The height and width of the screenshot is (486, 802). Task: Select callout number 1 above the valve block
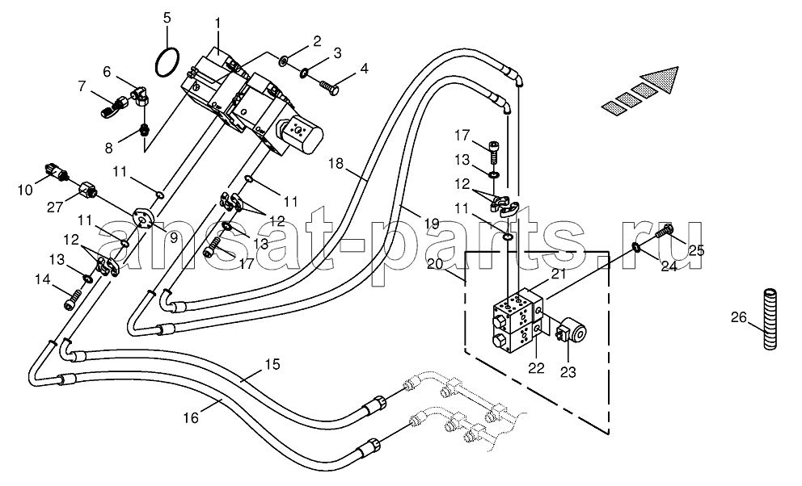(x=217, y=23)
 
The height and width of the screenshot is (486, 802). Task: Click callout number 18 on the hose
(x=336, y=164)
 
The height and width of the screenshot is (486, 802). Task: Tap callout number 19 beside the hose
(x=432, y=223)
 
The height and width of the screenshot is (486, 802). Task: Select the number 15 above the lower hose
(x=272, y=365)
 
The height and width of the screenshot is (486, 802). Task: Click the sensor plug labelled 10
(x=57, y=173)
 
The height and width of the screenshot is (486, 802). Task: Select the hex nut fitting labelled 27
(x=88, y=192)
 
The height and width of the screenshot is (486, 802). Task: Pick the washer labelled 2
(x=282, y=62)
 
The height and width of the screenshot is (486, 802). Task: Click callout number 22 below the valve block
(x=537, y=367)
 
